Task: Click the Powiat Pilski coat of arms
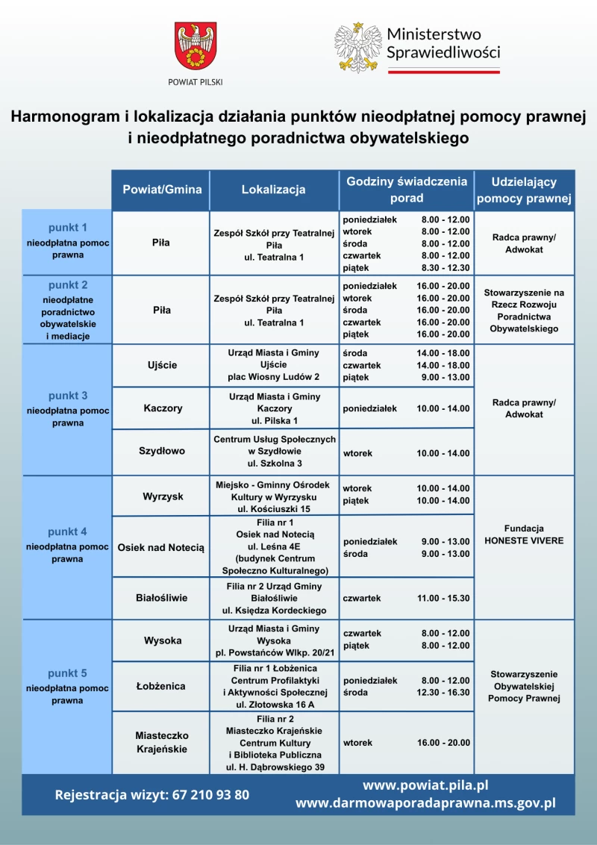pyautogui.click(x=195, y=47)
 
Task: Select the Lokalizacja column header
pyautogui.click(x=273, y=190)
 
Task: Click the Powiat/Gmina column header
pyautogui.click(x=162, y=190)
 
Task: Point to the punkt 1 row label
pyautogui.click(x=68, y=241)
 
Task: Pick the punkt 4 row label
pyautogui.click(x=68, y=545)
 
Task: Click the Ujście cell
pyautogui.click(x=162, y=365)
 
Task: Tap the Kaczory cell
pyautogui.click(x=162, y=408)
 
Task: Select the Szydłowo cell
pyautogui.click(x=162, y=451)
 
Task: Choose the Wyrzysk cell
pyautogui.click(x=162, y=496)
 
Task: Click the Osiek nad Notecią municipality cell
pyautogui.click(x=161, y=547)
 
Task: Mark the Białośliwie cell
pyautogui.click(x=162, y=598)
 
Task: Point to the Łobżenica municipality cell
pyautogui.click(x=162, y=685)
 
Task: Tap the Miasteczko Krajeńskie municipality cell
pyautogui.click(x=162, y=742)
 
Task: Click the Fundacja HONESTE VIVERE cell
pyautogui.click(x=524, y=534)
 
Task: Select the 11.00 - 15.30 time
pyautogui.click(x=443, y=598)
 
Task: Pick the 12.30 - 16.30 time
pyautogui.click(x=443, y=692)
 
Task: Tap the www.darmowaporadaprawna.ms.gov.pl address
pyautogui.click(x=425, y=803)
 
